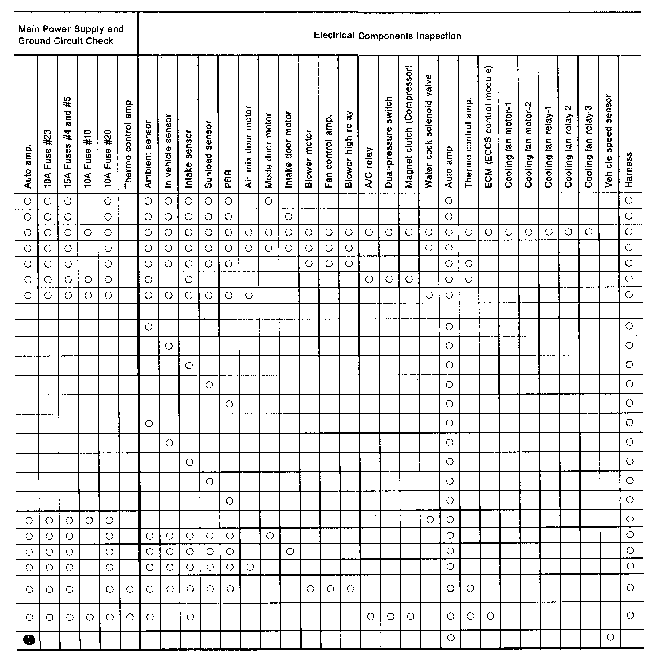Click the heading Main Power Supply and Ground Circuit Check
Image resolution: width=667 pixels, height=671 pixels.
click(x=71, y=35)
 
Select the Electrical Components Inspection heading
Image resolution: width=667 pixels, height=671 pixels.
click(x=387, y=36)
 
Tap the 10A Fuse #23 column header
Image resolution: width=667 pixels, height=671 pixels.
click(x=48, y=158)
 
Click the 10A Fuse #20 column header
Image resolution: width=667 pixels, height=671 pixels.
click(x=108, y=158)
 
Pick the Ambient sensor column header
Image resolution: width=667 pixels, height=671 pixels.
click(x=148, y=154)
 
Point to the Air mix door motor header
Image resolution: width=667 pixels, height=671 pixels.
click(x=248, y=146)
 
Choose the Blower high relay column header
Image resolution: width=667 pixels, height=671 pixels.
click(x=349, y=149)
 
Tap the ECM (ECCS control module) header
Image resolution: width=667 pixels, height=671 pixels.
click(x=489, y=126)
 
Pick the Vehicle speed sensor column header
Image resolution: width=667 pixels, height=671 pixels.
click(x=608, y=141)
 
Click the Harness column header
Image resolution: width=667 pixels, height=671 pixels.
click(x=628, y=170)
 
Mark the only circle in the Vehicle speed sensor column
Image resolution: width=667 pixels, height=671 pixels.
click(x=610, y=637)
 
